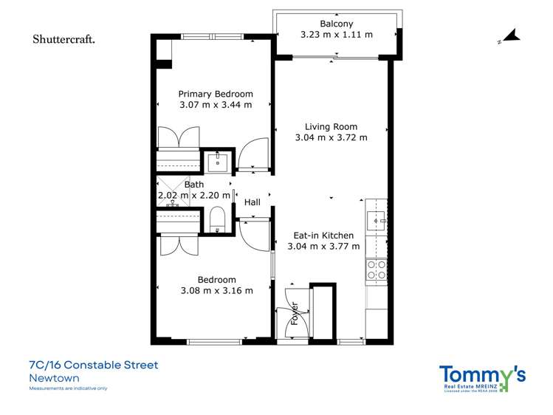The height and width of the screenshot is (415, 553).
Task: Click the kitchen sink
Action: (377, 219)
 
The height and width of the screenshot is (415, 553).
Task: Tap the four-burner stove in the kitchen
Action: (377, 270)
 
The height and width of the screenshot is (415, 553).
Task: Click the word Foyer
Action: (294, 314)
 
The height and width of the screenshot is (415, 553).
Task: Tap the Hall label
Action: (253, 202)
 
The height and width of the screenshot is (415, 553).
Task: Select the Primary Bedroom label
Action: (216, 94)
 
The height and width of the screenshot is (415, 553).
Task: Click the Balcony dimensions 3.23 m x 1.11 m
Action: (336, 35)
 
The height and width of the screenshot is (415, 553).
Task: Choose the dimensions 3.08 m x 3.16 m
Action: (216, 290)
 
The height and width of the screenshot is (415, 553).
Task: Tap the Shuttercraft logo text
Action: (63, 39)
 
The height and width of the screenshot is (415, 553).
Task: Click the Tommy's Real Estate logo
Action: (482, 377)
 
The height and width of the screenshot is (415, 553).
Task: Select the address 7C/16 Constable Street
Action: (93, 365)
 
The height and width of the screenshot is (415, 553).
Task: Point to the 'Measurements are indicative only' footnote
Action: (68, 388)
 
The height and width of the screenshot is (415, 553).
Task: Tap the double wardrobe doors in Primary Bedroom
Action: (178, 137)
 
